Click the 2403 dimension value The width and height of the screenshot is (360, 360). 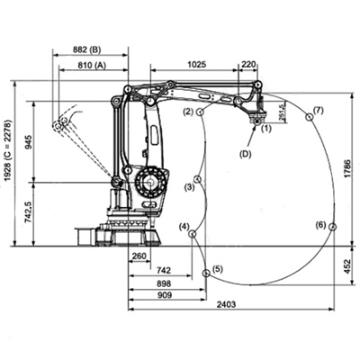pyautogui.click(x=226, y=304)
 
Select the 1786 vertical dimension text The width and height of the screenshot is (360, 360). pyautogui.click(x=347, y=170)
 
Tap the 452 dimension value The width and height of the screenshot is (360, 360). pyautogui.click(x=346, y=265)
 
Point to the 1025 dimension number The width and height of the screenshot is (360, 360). pyautogui.click(x=197, y=64)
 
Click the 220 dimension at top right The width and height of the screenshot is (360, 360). pyautogui.click(x=248, y=64)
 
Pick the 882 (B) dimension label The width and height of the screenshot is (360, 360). pyautogui.click(x=87, y=49)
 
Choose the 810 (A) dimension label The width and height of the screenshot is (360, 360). pyautogui.click(x=92, y=65)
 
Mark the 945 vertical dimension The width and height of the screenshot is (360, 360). pyautogui.click(x=29, y=141)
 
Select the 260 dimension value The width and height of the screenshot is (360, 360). pyautogui.click(x=139, y=256)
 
